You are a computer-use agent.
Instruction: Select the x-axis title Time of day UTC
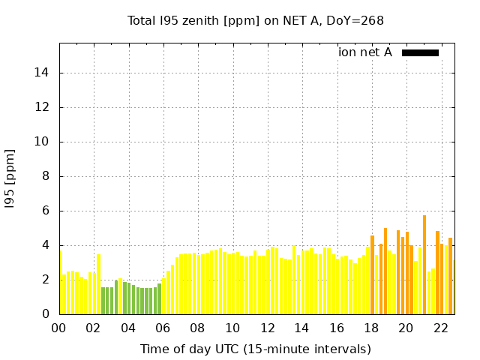click(x=256, y=349)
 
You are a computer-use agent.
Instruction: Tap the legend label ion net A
click(x=365, y=52)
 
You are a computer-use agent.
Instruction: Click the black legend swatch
click(x=420, y=52)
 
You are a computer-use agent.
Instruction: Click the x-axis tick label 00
click(x=58, y=328)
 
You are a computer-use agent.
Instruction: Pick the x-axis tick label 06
click(x=163, y=328)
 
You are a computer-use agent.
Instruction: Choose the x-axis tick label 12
click(x=267, y=328)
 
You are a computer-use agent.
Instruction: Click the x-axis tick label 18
click(x=371, y=328)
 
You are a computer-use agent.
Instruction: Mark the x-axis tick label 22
click(x=440, y=328)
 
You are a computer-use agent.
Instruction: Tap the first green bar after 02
click(x=103, y=301)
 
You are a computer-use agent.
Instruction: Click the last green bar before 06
click(x=159, y=299)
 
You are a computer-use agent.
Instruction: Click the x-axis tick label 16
click(x=337, y=328)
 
